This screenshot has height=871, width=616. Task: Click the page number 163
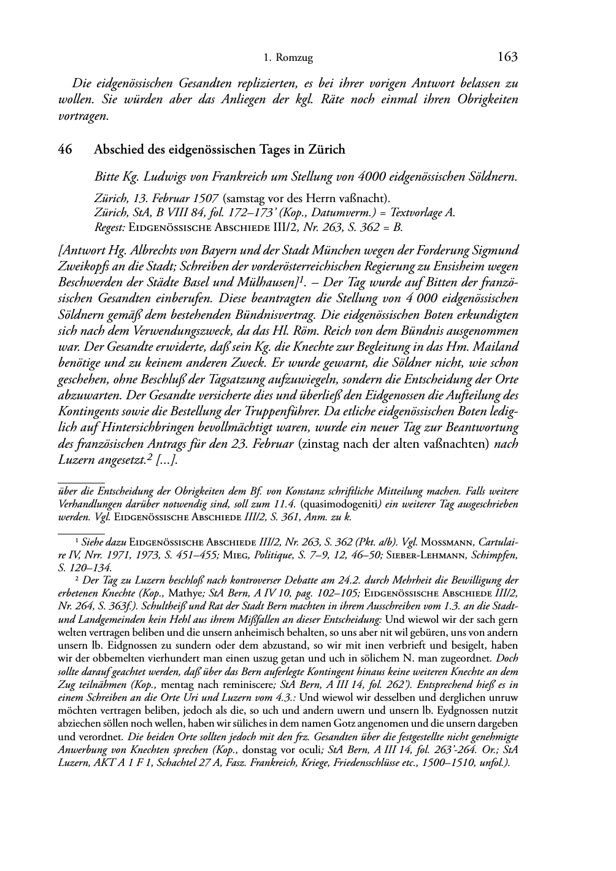507,57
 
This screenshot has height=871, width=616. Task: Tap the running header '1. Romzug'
288,58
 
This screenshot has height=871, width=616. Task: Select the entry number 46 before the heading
65,149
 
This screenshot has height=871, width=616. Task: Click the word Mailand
498,346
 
